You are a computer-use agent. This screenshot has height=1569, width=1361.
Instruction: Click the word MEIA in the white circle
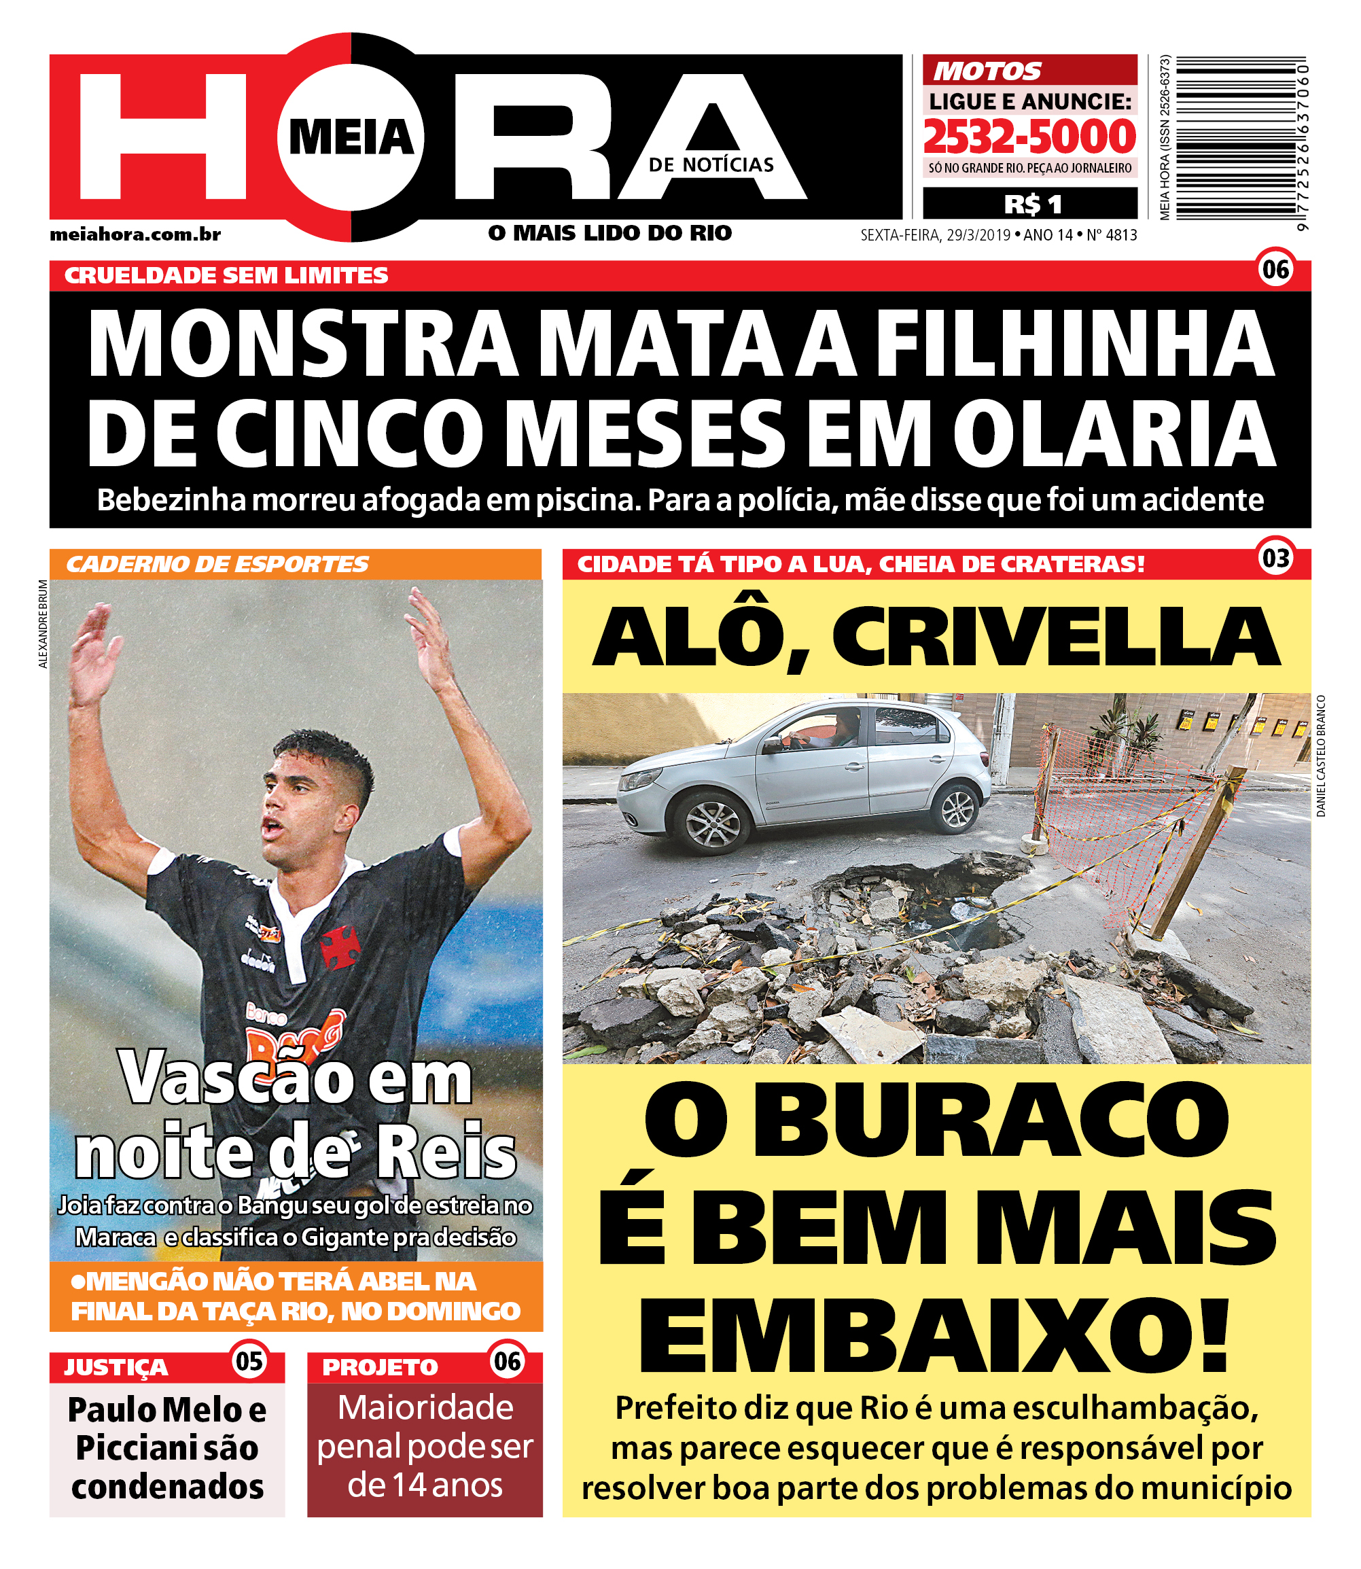(351, 137)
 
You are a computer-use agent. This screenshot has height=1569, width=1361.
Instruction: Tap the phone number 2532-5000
(1029, 137)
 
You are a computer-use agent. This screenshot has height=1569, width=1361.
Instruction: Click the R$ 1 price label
(1032, 205)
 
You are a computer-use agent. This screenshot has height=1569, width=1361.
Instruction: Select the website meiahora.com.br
(135, 234)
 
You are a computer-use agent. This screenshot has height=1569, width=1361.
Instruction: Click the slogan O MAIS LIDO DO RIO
(610, 233)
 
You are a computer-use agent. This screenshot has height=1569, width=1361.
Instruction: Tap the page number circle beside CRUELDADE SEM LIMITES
(1275, 269)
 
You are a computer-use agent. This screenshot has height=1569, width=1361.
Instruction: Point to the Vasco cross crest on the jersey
(340, 947)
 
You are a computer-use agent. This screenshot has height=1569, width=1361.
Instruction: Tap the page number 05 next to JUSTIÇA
(249, 1361)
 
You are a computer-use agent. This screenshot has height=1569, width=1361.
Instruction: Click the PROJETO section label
(380, 1368)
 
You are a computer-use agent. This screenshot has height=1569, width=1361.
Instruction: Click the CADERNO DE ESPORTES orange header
(217, 564)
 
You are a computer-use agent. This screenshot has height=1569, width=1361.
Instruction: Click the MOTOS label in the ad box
(987, 71)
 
